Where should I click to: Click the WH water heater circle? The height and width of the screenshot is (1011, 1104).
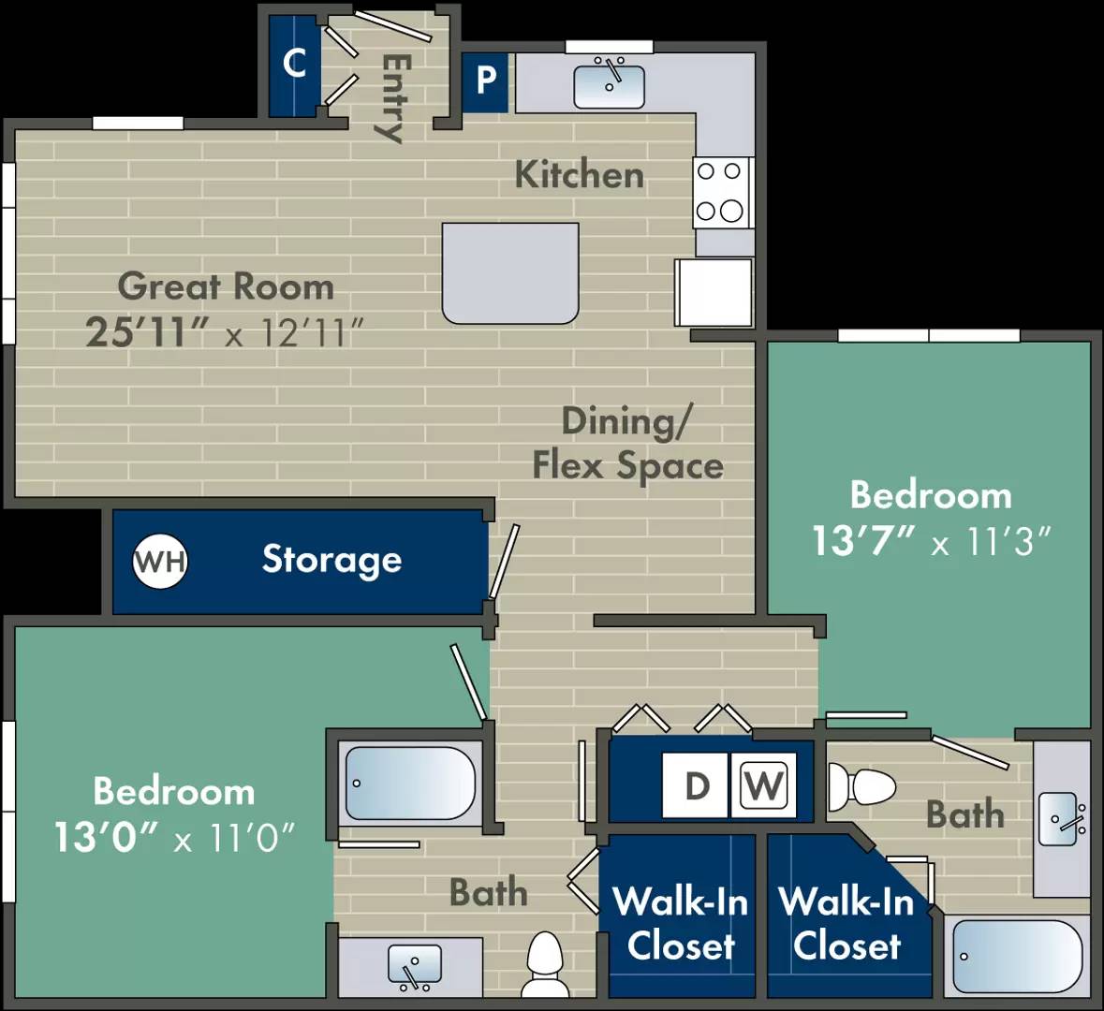[160, 562]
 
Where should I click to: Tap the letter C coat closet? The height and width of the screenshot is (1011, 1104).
[294, 64]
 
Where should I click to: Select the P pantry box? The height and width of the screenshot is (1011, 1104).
[485, 81]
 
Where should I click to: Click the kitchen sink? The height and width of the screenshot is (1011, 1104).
[609, 85]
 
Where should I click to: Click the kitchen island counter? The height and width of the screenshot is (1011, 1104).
[510, 272]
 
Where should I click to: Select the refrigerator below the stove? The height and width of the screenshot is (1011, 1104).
[714, 292]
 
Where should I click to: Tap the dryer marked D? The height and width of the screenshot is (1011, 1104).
[696, 785]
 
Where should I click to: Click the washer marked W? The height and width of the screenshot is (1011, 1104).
[764, 785]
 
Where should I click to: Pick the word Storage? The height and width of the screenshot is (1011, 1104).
[331, 560]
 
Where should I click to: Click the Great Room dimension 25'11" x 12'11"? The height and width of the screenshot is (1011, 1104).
[225, 332]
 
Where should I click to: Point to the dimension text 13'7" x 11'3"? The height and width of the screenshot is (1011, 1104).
[931, 541]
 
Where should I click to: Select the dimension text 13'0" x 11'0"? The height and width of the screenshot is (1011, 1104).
[174, 836]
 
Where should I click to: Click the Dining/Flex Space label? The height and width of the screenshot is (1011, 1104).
[627, 444]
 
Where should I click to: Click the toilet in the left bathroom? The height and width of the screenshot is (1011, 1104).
[544, 964]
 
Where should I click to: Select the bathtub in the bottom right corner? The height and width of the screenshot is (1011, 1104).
[1017, 956]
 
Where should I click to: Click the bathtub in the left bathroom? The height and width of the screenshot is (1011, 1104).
[410, 783]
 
